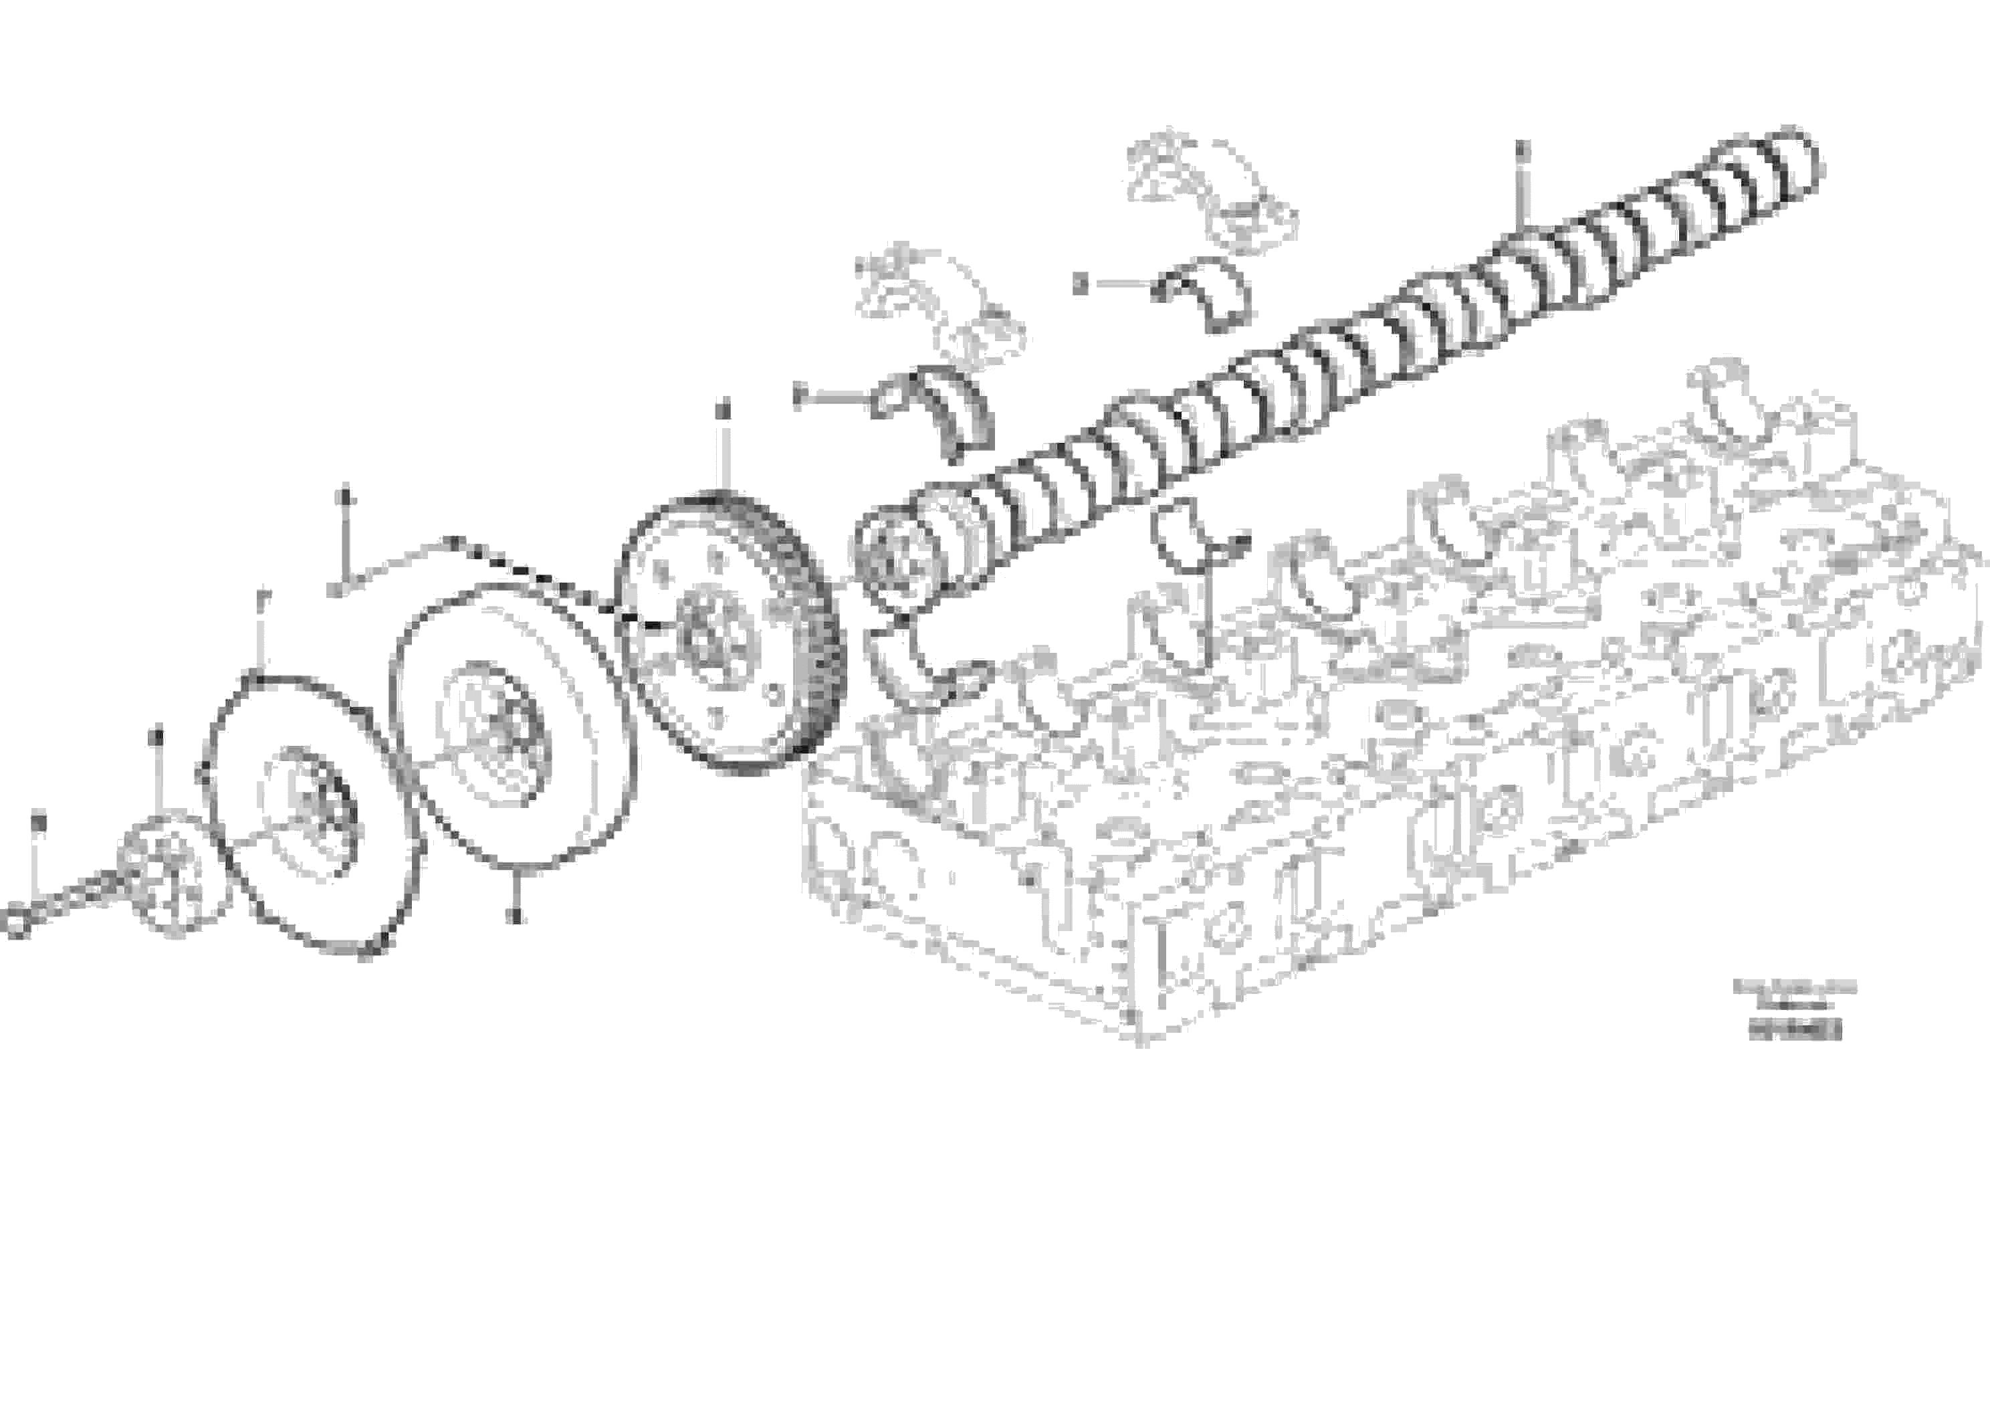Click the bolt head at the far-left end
pos(15,920)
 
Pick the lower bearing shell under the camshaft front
pos(923,672)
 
